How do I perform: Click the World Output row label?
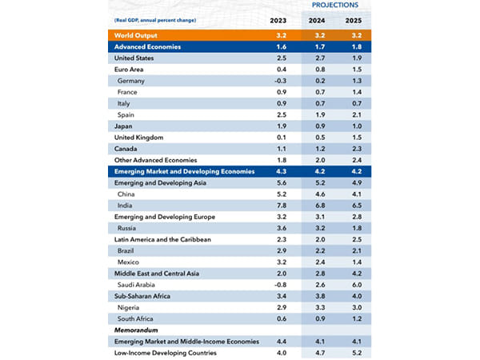(138, 36)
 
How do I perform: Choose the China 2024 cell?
(321, 194)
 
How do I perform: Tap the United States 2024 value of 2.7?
(321, 58)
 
